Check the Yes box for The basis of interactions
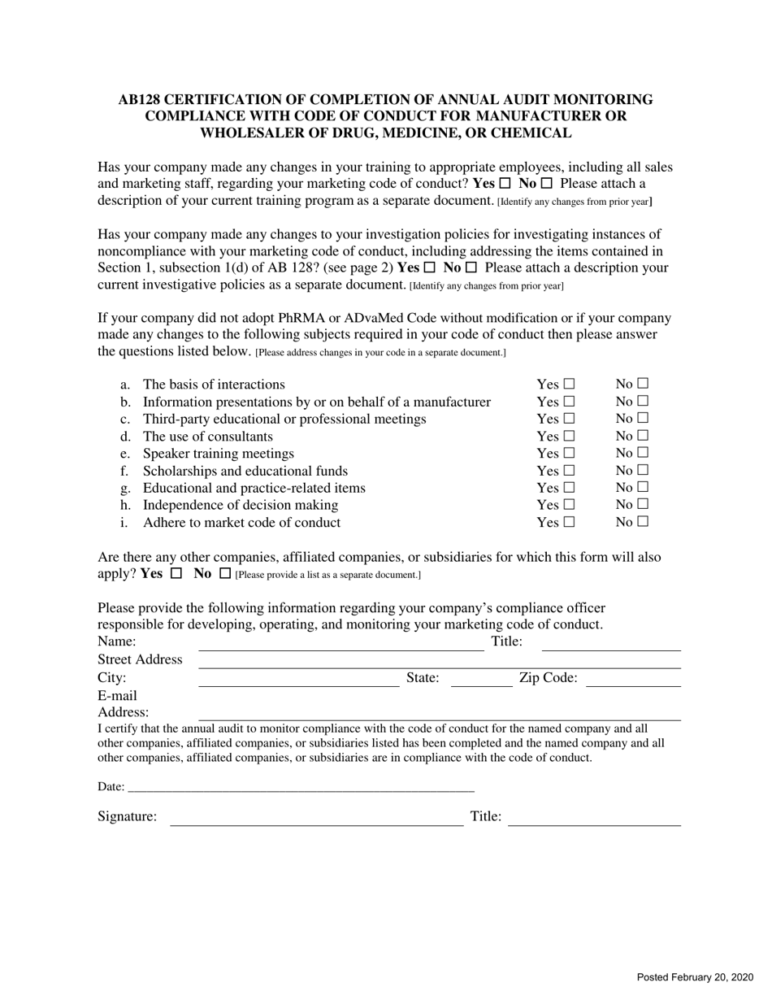569,384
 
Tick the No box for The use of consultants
643,436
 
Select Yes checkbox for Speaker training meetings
569,453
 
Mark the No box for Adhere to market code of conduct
643,522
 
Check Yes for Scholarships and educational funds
569,471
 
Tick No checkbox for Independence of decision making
643,505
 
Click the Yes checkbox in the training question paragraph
505,184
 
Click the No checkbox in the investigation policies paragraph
471,267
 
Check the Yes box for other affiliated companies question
176,573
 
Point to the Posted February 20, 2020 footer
695,977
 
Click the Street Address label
140,659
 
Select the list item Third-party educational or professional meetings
284,419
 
